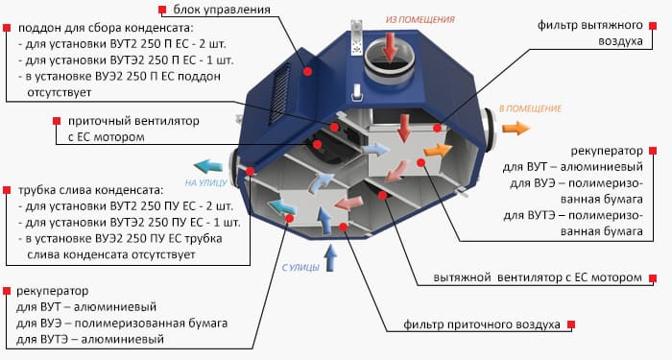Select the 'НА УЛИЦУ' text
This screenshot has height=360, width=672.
[x=204, y=182]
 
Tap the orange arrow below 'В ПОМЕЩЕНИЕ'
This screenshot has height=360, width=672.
[x=514, y=127]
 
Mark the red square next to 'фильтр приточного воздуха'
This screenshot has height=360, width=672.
[x=569, y=325]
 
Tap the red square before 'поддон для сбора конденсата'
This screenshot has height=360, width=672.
[x=9, y=29]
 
